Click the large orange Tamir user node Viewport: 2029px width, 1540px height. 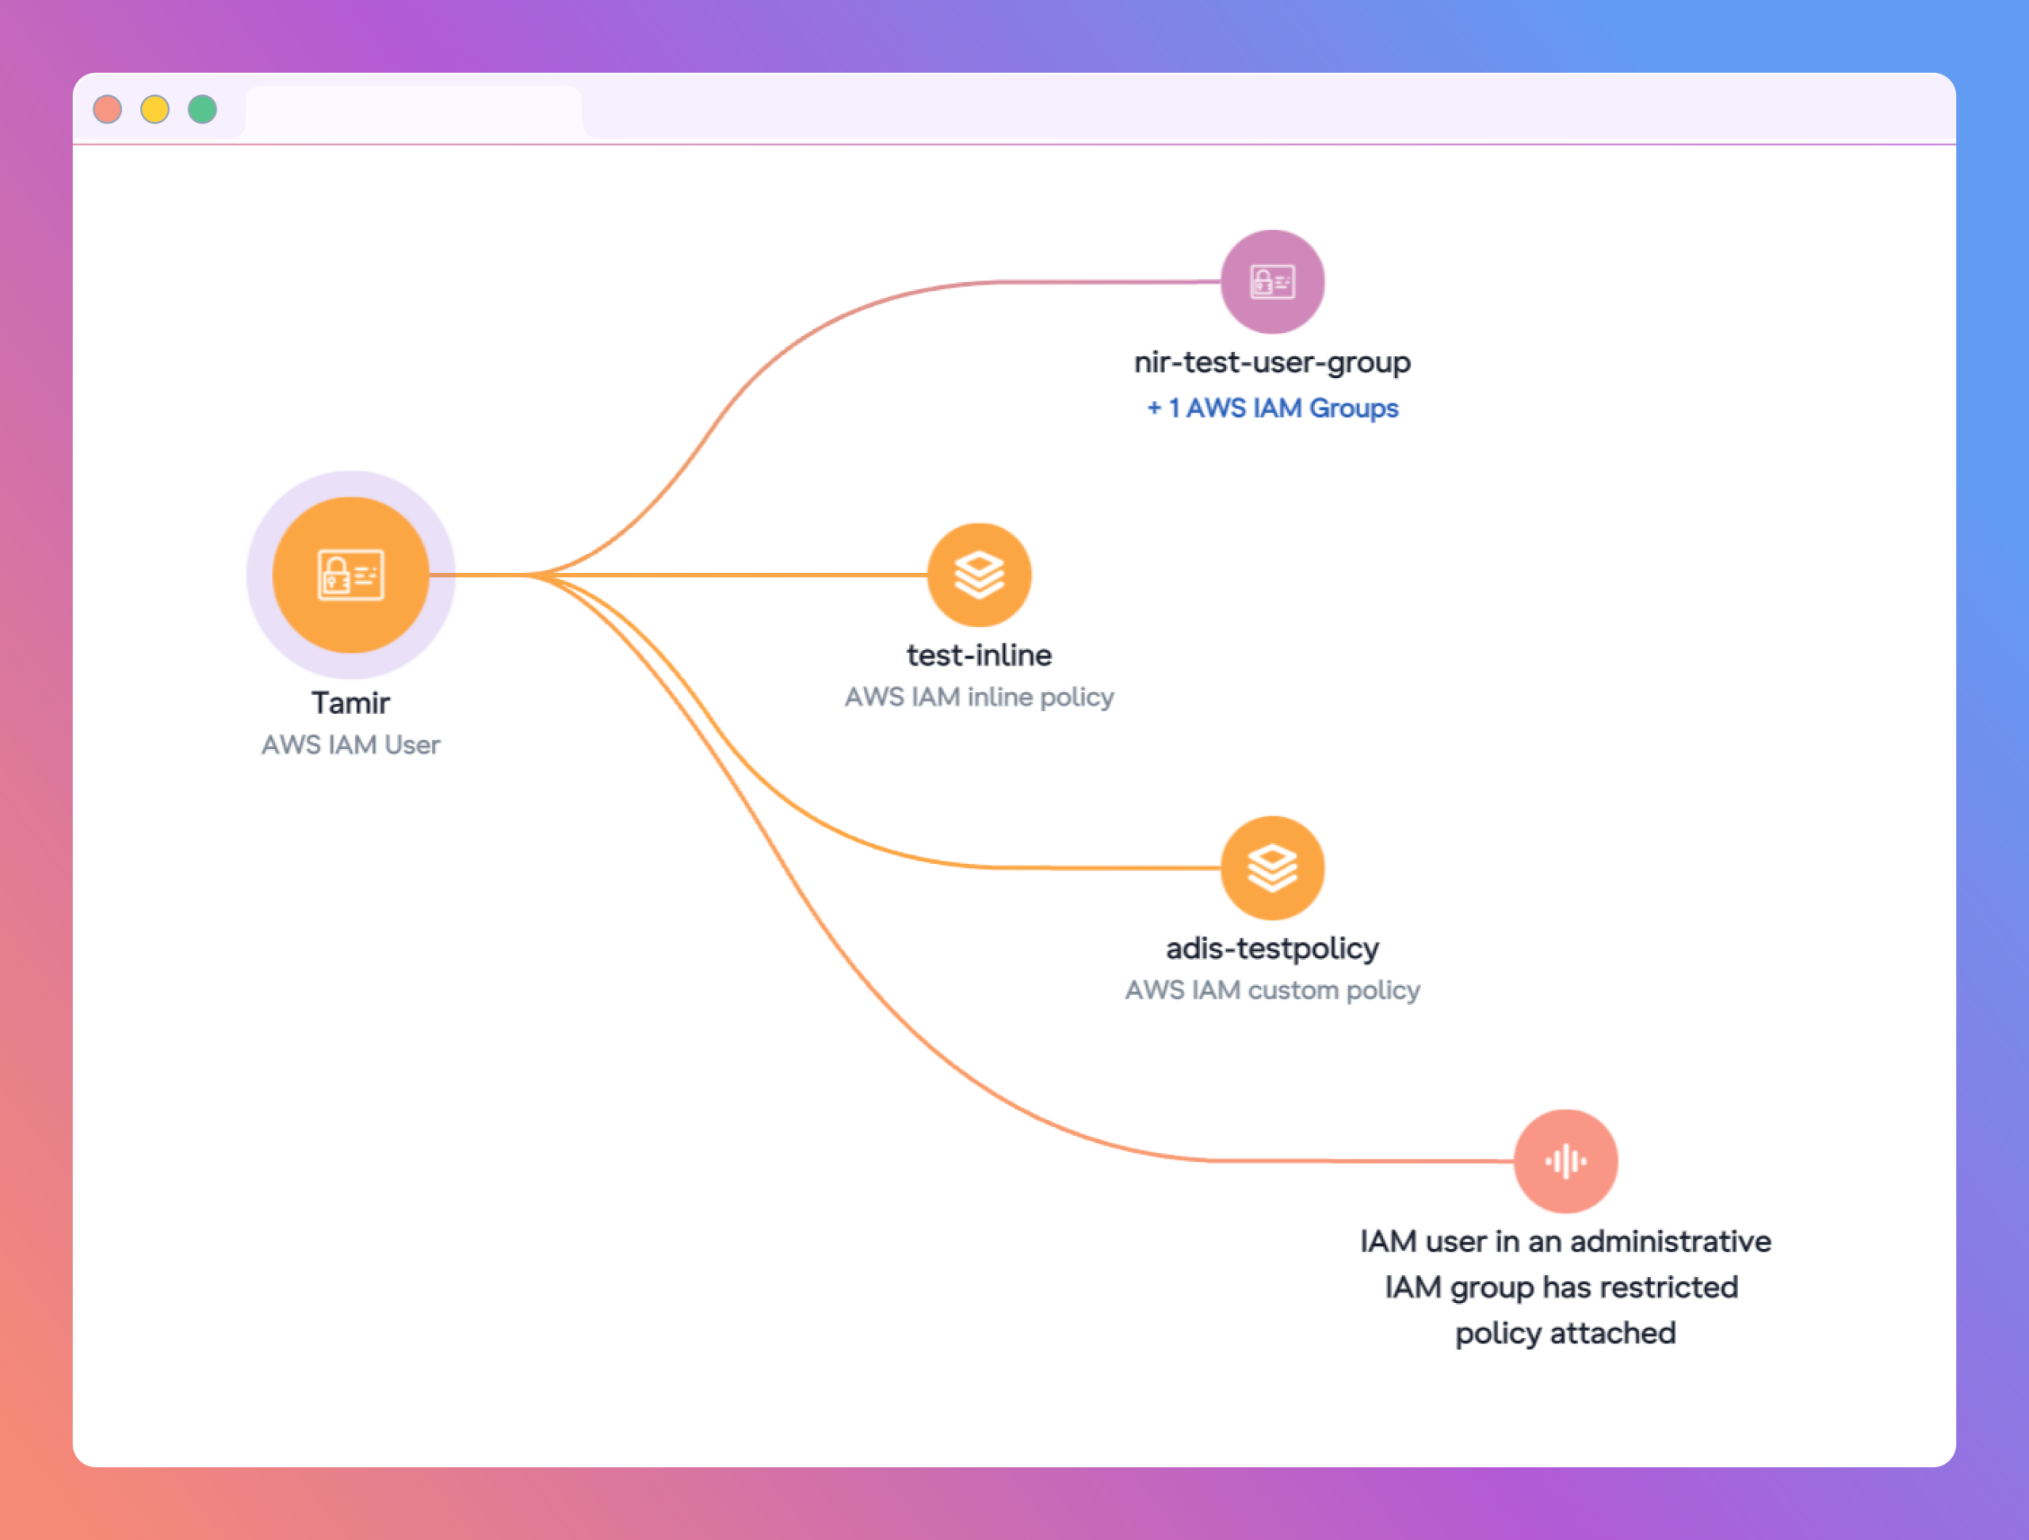point(350,575)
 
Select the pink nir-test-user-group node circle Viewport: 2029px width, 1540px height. point(1272,281)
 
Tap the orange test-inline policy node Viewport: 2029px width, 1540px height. point(980,575)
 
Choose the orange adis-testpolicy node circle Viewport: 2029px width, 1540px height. point(1272,868)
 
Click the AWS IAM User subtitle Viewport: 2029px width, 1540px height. point(350,745)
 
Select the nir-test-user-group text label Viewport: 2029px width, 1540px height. point(1272,362)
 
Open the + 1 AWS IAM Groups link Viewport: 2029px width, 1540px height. point(1272,408)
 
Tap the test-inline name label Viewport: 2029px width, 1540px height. point(980,655)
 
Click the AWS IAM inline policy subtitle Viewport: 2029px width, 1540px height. point(980,697)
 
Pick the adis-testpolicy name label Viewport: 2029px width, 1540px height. point(1272,949)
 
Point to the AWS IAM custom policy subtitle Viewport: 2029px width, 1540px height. point(1272,991)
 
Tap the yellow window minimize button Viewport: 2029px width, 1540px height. point(155,109)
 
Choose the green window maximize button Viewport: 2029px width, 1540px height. point(203,109)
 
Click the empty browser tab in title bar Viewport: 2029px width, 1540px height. point(414,112)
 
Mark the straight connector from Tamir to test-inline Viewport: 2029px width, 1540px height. point(678,575)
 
